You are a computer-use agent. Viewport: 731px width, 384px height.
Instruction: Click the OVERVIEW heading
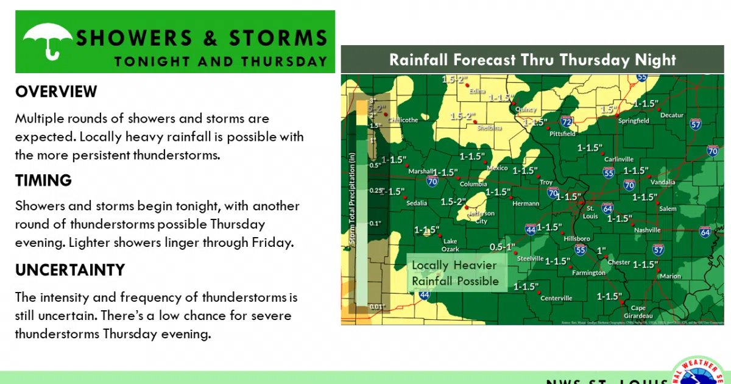56,92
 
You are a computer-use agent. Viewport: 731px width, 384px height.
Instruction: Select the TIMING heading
43,180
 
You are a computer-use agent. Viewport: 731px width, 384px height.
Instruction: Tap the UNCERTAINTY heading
70,270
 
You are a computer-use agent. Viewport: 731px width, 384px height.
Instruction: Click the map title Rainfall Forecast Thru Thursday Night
532,60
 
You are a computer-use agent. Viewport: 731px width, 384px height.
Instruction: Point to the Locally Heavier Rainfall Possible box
455,273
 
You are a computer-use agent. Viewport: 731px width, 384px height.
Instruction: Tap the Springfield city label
634,121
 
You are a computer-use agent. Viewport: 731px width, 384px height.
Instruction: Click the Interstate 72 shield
566,121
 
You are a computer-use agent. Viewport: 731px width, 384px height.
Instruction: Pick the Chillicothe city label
403,120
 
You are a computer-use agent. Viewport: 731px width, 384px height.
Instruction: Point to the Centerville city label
556,298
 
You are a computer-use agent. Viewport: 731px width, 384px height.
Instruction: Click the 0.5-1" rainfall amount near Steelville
503,247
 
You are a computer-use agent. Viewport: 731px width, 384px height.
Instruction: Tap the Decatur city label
672,115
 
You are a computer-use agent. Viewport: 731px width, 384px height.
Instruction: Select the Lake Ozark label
450,245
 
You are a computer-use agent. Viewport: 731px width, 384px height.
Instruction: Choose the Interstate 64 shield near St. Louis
607,208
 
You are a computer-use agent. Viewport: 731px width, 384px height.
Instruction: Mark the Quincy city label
526,110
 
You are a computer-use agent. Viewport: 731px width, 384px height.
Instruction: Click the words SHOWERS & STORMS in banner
202,38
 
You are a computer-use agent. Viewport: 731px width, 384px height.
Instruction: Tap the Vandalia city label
662,182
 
